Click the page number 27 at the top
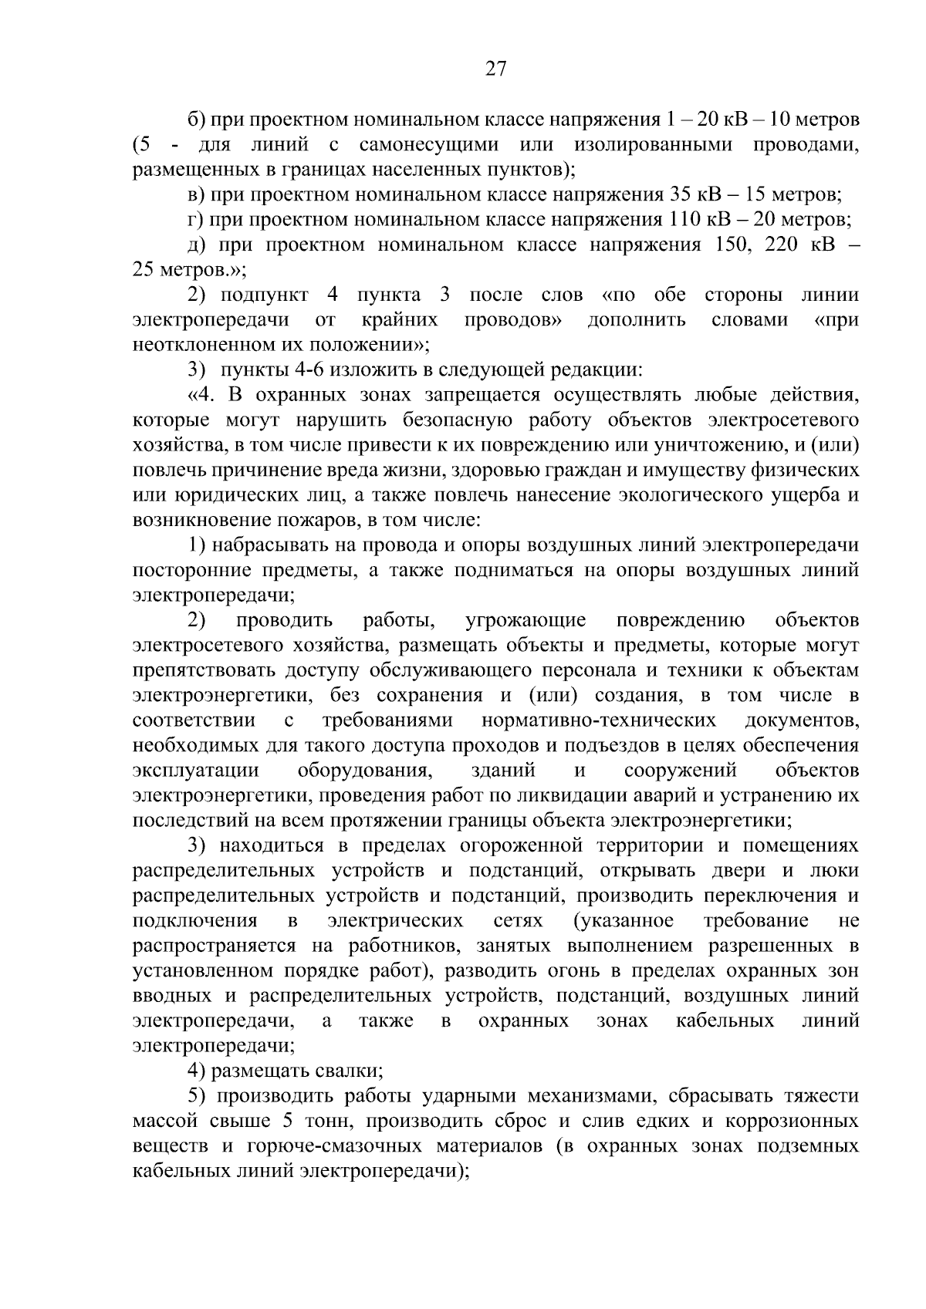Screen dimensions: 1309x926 point(495,69)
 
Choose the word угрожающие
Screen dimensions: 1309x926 point(526,620)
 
